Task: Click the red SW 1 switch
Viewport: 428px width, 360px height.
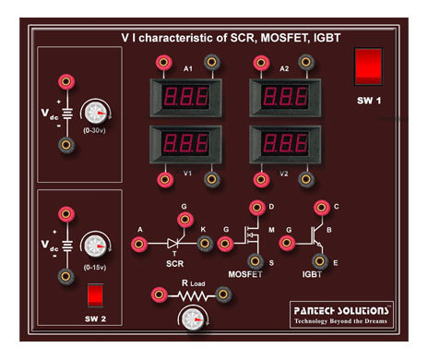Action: coord(368,67)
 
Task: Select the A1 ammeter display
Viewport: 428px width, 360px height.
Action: coord(188,96)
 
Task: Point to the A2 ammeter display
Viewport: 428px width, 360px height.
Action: coord(284,96)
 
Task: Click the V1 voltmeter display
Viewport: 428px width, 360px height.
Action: coord(188,144)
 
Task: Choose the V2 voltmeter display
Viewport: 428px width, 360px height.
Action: coord(284,144)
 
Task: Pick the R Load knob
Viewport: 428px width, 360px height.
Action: coord(191,319)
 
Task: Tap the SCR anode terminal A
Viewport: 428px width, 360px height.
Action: coord(140,244)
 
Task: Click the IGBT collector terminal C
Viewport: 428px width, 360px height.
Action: coord(322,209)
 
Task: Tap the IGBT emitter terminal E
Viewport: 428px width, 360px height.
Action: coord(322,263)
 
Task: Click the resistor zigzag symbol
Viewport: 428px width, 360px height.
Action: coord(191,295)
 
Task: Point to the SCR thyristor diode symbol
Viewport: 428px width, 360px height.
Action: coord(174,243)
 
